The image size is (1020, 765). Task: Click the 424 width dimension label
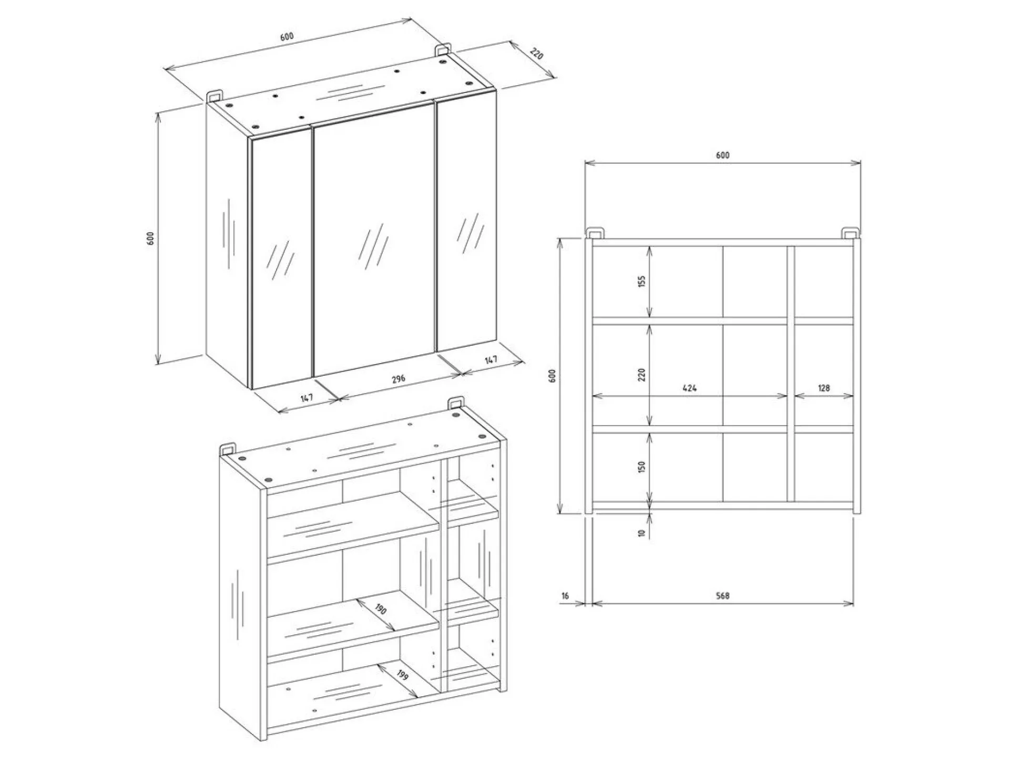(x=689, y=388)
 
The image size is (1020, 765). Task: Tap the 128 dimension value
(x=823, y=388)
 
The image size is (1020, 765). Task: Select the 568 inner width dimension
(x=722, y=596)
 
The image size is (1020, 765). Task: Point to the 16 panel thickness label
(x=565, y=596)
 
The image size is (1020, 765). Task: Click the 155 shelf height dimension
(x=641, y=281)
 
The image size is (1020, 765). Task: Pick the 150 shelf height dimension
(x=641, y=466)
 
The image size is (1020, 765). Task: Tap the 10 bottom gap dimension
(x=641, y=533)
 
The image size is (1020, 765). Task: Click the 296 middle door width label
(x=399, y=379)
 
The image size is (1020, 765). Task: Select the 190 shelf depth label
(x=381, y=609)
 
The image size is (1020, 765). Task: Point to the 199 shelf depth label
(x=403, y=675)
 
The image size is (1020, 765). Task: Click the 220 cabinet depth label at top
(x=536, y=54)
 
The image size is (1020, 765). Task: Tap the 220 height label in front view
(x=641, y=375)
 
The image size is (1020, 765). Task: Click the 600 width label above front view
(x=722, y=155)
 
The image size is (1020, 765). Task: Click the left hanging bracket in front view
(x=595, y=233)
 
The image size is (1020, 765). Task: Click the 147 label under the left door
(x=307, y=398)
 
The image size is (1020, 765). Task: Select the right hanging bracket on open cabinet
(x=455, y=404)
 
